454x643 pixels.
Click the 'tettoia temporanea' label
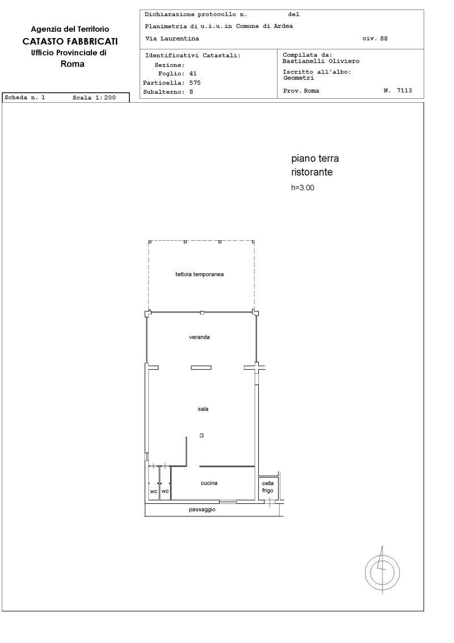200,274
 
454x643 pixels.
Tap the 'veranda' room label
199,337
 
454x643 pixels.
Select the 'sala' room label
203,409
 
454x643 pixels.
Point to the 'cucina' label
209,483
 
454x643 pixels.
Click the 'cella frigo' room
268,487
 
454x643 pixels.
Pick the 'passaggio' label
202,510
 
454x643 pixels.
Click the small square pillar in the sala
201,436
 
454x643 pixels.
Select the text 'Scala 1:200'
94,98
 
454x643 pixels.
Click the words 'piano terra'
315,158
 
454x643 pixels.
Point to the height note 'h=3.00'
303,188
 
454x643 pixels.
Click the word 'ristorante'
312,172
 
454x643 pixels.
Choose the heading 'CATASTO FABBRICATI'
70,41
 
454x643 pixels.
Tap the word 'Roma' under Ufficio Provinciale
73,64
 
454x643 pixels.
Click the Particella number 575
195,82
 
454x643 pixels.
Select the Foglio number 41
193,73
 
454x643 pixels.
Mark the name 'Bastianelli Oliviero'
321,61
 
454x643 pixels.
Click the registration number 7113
404,91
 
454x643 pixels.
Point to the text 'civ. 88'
375,39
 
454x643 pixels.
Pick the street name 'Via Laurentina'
172,39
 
